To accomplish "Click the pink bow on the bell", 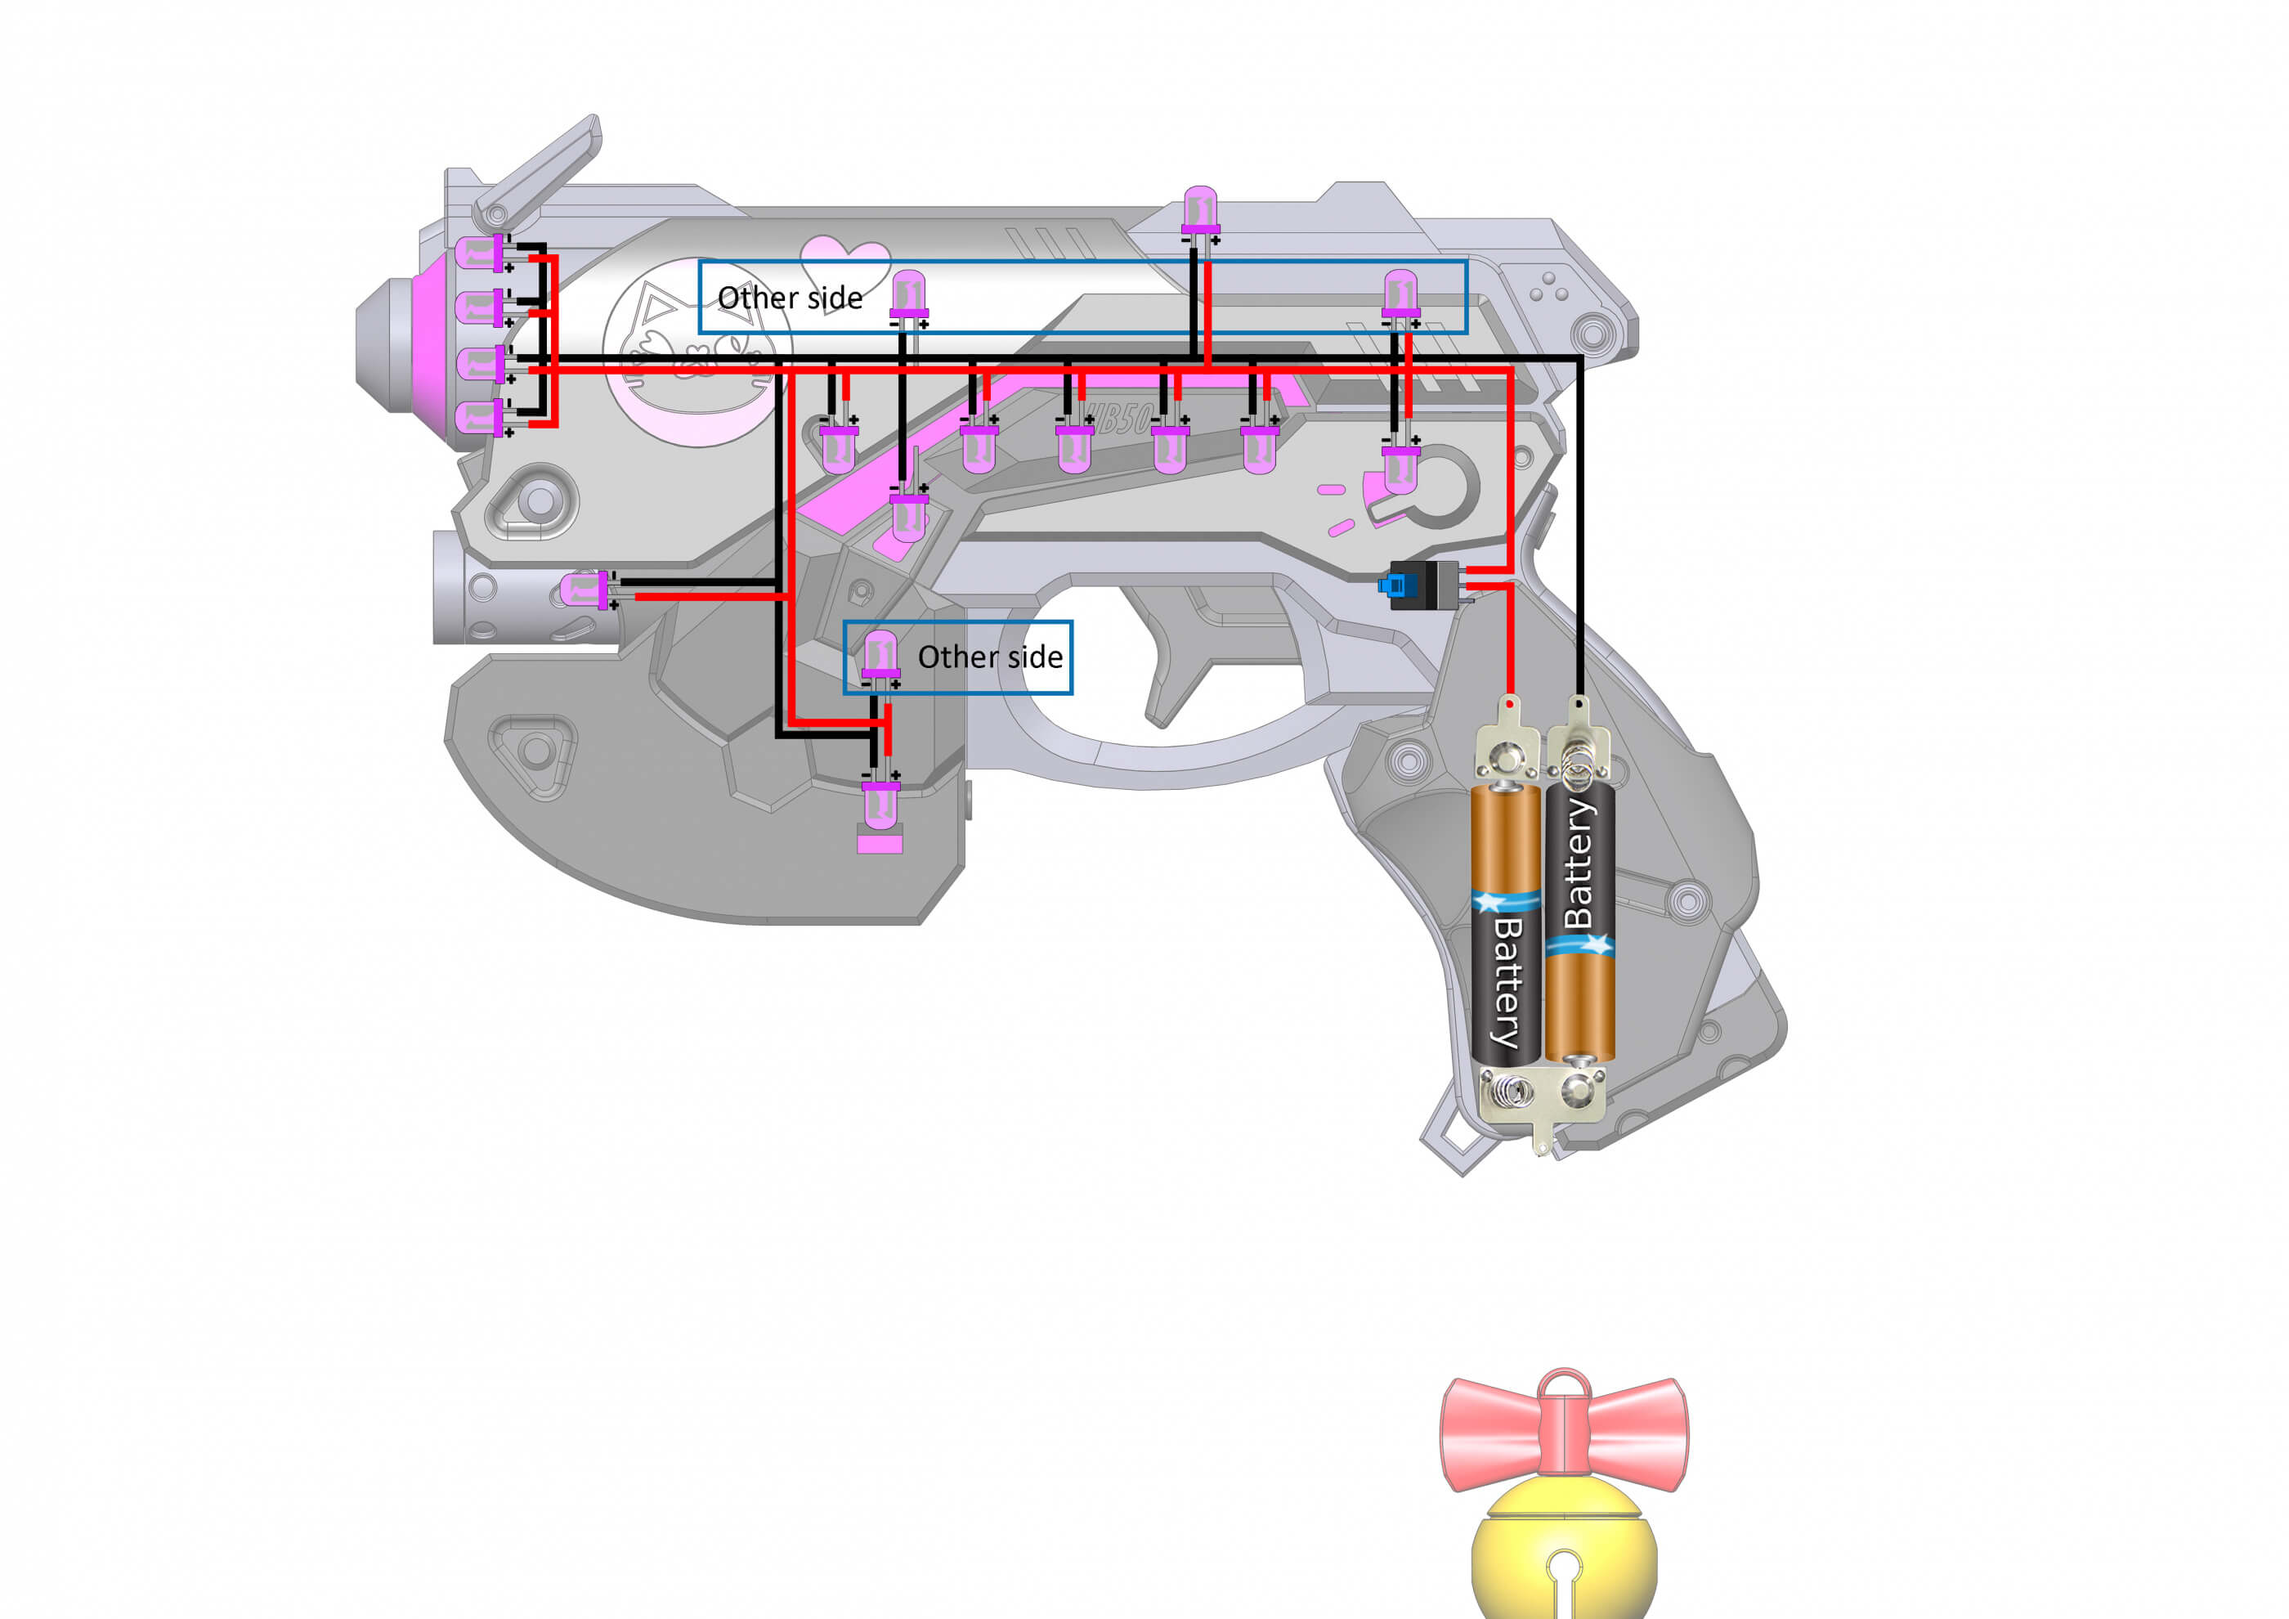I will click(1564, 1436).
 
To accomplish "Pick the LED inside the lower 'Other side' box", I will click(880, 656).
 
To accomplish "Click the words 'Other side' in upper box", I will click(790, 298).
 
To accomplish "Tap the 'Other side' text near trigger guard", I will click(989, 657).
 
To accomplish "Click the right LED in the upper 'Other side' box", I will click(1400, 295).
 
